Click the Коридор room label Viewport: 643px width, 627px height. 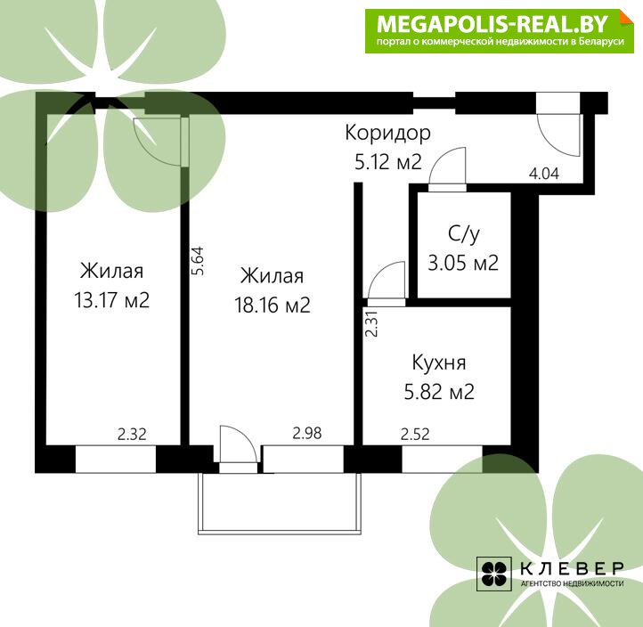(x=387, y=134)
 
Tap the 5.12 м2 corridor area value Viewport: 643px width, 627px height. (x=388, y=161)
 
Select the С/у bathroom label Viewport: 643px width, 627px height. (x=463, y=234)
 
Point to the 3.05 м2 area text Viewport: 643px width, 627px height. (x=463, y=263)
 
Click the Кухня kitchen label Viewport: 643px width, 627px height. (x=439, y=362)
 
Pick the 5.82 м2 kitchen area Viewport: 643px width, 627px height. (x=439, y=391)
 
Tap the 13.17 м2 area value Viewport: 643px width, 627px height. (x=111, y=300)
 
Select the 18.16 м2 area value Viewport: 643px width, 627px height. (x=273, y=305)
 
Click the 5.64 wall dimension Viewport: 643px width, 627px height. (x=198, y=261)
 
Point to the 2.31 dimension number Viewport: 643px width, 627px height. (x=371, y=323)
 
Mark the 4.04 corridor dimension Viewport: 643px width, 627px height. (x=544, y=174)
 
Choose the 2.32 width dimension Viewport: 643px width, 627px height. (x=132, y=434)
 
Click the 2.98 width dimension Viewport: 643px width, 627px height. (x=306, y=433)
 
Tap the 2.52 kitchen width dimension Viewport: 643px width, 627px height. (x=415, y=434)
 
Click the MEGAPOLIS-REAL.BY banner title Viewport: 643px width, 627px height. (x=492, y=24)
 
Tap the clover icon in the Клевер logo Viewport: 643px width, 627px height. (x=493, y=574)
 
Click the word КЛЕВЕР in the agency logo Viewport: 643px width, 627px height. (x=572, y=568)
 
